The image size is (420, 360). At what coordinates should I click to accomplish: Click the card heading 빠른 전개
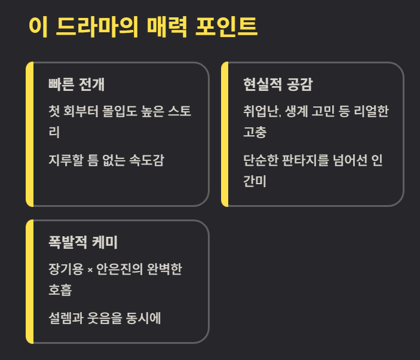point(76,84)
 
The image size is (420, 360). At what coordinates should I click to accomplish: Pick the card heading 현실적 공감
point(278,84)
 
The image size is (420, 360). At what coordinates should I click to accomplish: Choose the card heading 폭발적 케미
point(83,242)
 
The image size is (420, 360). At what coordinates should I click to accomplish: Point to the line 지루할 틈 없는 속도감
point(106,160)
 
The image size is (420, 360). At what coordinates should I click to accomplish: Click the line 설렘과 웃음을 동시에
point(105,318)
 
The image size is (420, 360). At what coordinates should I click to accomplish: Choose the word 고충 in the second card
point(255,132)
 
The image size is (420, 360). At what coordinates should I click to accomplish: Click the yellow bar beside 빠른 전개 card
point(30,134)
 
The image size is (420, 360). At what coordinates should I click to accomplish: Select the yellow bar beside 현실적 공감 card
point(225,134)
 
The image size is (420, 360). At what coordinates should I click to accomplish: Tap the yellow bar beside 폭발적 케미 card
point(30,282)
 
